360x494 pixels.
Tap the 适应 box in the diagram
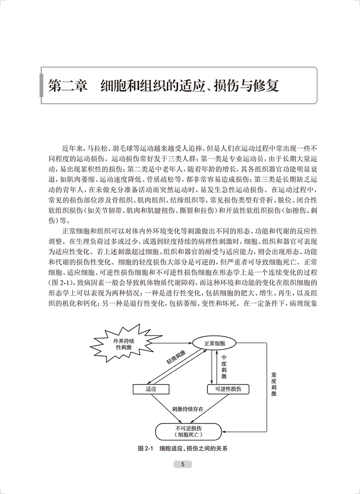(151, 389)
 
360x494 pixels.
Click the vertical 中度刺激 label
(224, 366)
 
